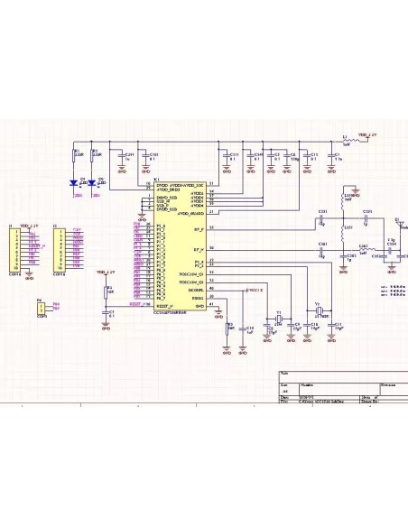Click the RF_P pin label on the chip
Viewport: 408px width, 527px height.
click(198, 229)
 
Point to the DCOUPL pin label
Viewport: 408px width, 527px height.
click(197, 289)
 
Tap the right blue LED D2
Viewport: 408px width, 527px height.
click(93, 182)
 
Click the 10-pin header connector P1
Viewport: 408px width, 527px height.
click(15, 250)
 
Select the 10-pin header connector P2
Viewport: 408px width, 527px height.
click(60, 250)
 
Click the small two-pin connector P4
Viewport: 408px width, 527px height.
click(41, 309)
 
